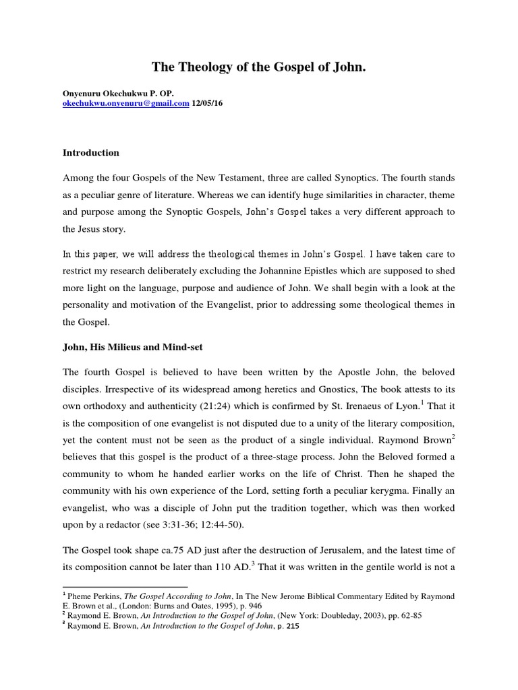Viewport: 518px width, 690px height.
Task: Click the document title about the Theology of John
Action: tap(259, 67)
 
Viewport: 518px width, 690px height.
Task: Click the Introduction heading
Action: tap(90, 153)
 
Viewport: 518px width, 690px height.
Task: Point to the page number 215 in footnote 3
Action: tap(290, 626)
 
